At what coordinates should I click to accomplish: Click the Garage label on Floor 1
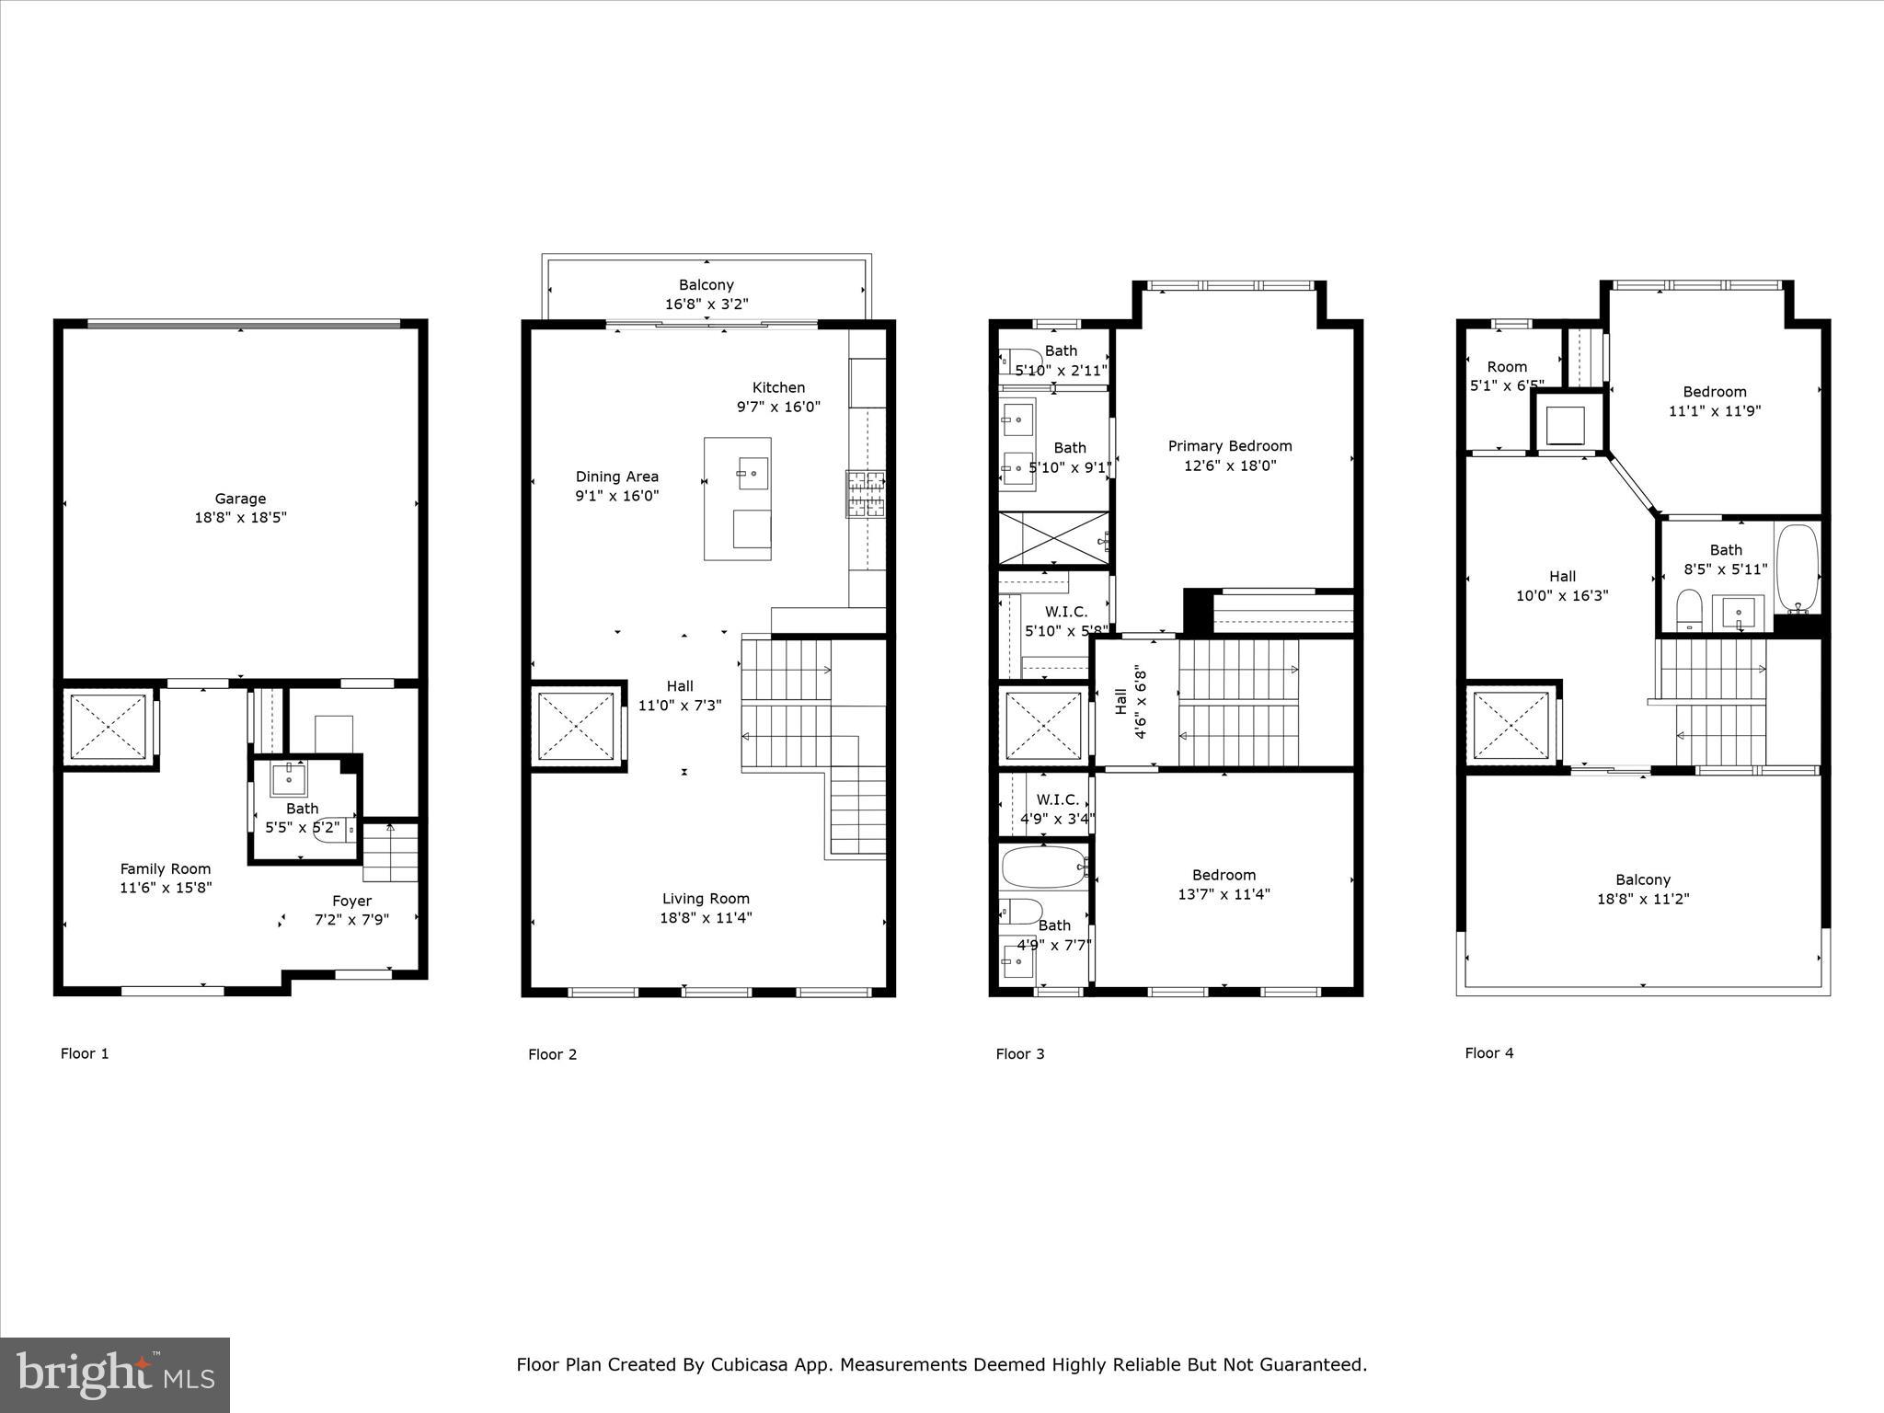click(240, 499)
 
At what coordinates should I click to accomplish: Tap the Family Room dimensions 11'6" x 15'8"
click(167, 888)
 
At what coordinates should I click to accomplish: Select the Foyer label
click(351, 901)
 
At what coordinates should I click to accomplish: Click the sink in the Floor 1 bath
click(290, 779)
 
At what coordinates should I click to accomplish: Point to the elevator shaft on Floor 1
click(109, 727)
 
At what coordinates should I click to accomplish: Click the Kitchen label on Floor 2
click(778, 387)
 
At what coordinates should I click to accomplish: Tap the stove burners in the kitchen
click(866, 494)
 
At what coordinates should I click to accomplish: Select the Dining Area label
click(616, 477)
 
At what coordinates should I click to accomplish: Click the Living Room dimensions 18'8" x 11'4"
click(706, 918)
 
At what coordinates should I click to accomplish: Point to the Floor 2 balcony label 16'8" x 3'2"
click(706, 304)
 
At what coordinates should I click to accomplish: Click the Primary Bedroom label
click(1230, 446)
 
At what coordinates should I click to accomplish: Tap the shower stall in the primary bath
click(1053, 538)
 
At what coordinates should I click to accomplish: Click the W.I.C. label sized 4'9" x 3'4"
click(1057, 819)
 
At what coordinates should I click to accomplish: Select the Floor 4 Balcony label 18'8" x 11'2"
click(1643, 899)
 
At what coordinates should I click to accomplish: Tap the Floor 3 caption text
click(1019, 1054)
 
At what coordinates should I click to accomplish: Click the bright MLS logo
click(115, 1374)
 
